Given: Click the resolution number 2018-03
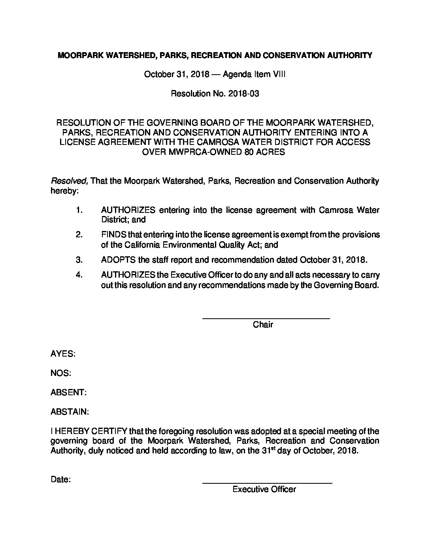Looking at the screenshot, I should [243, 94].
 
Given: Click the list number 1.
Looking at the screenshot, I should [79, 210].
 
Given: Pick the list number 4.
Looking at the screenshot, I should [79, 275].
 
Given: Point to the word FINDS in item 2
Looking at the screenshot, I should [113, 235].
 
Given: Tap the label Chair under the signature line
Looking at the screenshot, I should [263, 325].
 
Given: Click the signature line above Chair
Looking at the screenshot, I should [266, 318].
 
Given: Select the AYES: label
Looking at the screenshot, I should [63, 354].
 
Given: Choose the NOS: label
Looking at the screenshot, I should [61, 373].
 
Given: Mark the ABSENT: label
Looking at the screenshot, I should [68, 393].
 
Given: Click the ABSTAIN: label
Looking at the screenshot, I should [70, 412].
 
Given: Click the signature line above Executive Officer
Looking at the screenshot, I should [267, 483].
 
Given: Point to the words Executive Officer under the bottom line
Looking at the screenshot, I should [264, 490].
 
